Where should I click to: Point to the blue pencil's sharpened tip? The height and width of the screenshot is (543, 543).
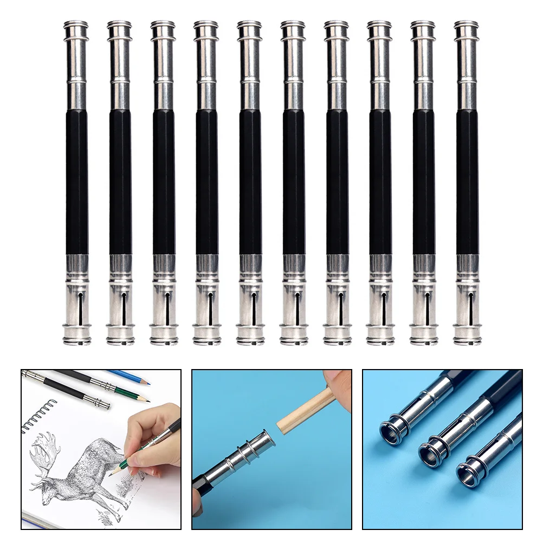pos(147,382)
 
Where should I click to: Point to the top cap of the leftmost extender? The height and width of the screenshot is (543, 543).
pos(76,26)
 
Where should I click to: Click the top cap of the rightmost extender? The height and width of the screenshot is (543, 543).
pos(467,26)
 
